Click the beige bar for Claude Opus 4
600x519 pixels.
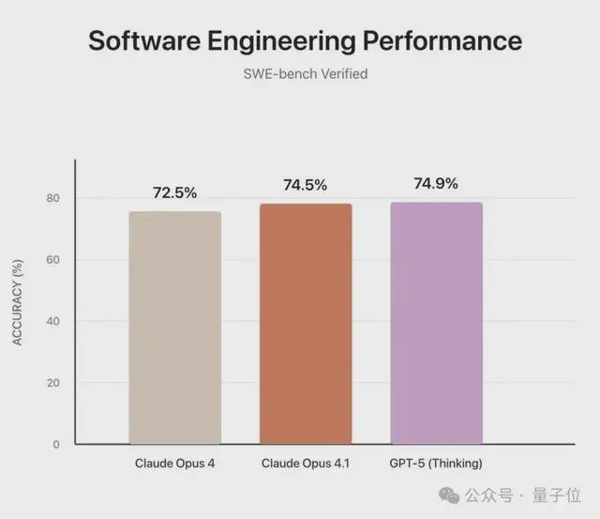174,328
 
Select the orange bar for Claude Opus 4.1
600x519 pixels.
306,324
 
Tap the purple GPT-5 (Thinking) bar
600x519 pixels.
436,323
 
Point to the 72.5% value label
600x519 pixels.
174,193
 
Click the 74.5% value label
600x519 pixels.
305,186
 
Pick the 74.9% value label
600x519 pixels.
436,184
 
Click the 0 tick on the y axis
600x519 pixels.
55,444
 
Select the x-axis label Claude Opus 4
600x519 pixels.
174,464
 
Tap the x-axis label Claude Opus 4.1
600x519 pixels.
306,464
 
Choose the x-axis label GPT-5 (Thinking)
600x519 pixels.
436,464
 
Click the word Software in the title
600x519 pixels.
145,41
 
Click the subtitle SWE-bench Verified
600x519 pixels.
300,74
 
